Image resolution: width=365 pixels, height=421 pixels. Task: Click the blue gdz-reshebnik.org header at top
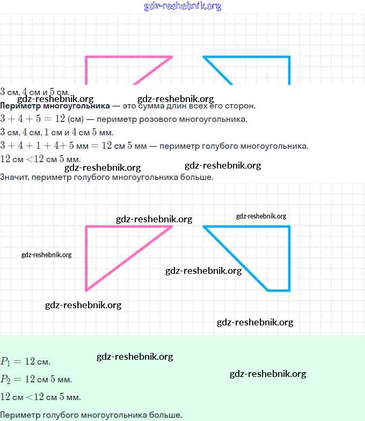pyautogui.click(x=182, y=6)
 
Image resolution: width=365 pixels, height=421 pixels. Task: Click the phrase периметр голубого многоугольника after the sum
pyautogui.click(x=234, y=146)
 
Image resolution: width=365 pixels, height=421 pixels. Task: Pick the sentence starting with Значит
pyautogui.click(x=107, y=176)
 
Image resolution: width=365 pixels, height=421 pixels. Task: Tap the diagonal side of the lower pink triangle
pyautogui.click(x=129, y=258)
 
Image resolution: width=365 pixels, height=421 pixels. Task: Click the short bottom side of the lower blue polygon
pyautogui.click(x=279, y=291)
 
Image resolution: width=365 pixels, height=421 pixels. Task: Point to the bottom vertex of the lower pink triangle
pyautogui.click(x=86, y=291)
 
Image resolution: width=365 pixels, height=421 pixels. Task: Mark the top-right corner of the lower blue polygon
pyautogui.click(x=289, y=227)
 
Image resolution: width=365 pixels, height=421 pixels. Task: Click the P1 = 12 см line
pyautogui.click(x=26, y=361)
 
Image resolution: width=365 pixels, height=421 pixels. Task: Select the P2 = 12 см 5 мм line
pyautogui.click(x=36, y=380)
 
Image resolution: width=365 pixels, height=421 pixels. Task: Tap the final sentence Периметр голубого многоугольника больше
pyautogui.click(x=91, y=415)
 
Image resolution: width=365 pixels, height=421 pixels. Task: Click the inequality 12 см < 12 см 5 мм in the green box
pyautogui.click(x=41, y=397)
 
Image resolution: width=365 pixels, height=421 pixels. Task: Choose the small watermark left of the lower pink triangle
pyautogui.click(x=47, y=255)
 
